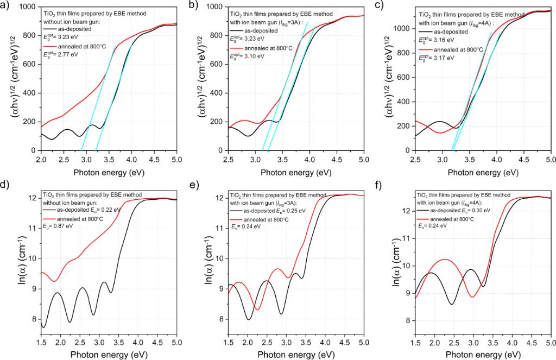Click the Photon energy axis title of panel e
(295, 355)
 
